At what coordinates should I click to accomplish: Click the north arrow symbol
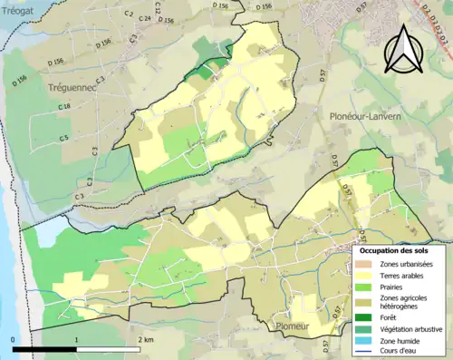point(402,49)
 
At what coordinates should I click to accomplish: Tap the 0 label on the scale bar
point(13,339)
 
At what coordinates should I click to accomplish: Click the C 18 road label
point(64,108)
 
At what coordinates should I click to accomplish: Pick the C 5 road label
point(64,137)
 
